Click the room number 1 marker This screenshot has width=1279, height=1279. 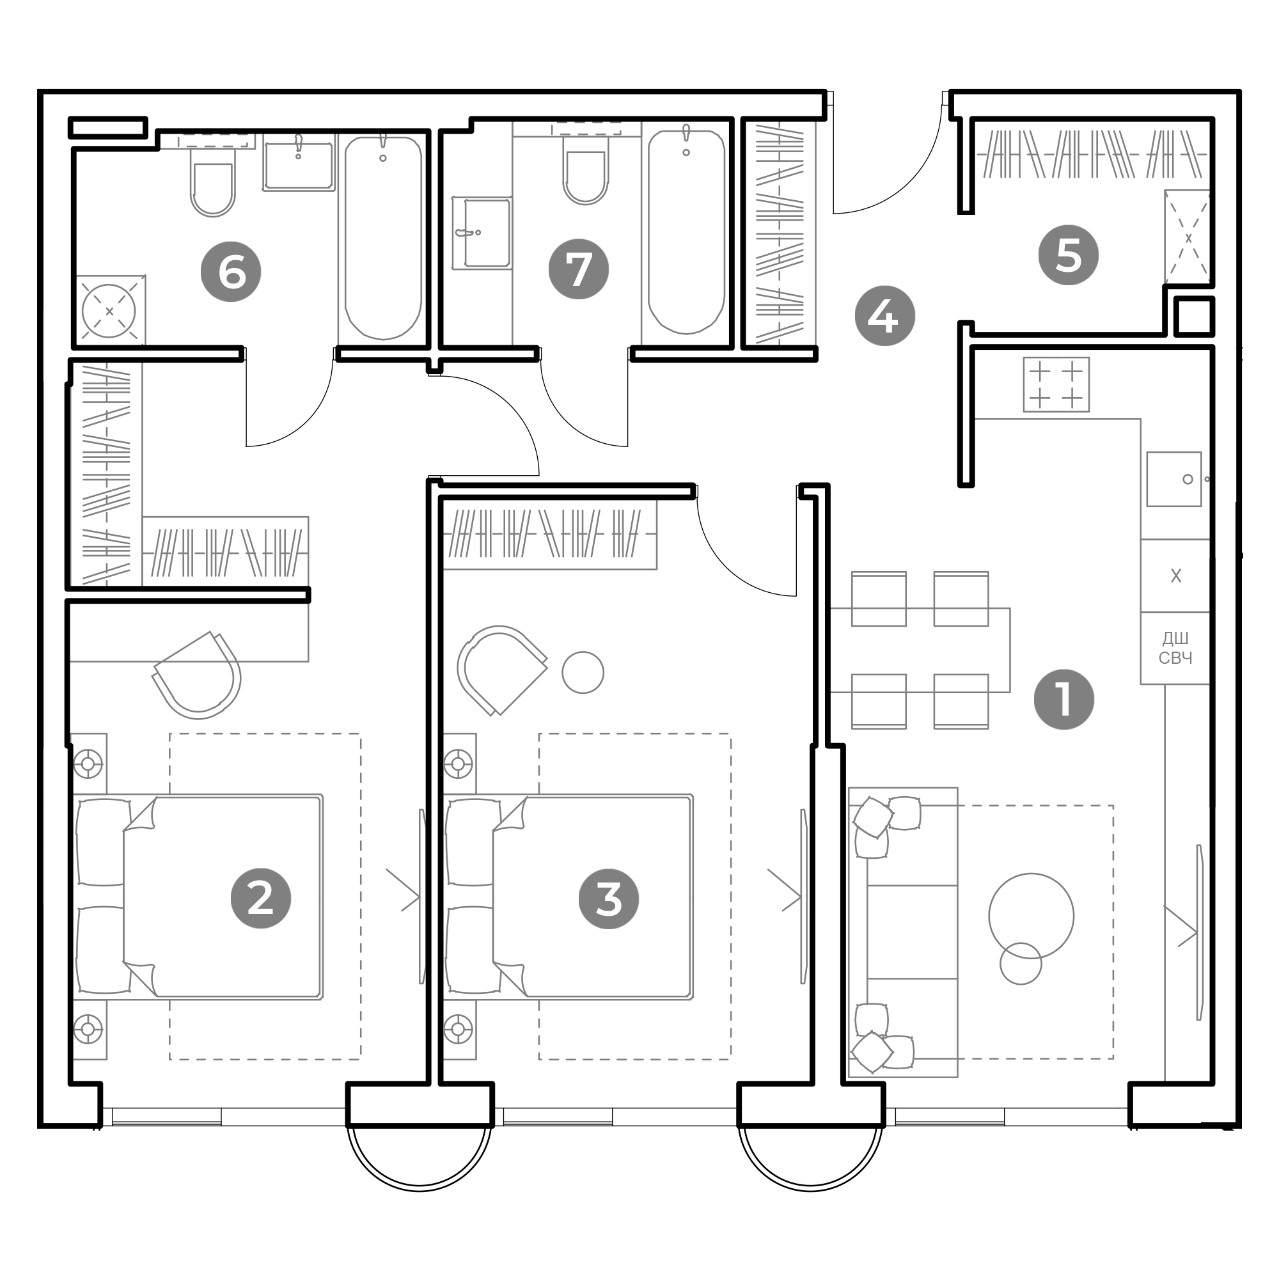coord(1064,700)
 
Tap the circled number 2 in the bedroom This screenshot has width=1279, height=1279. coord(261,898)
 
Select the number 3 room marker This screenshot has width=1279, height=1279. coord(609,899)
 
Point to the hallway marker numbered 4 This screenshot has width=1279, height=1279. coord(885,316)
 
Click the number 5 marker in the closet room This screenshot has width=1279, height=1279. coord(1069,255)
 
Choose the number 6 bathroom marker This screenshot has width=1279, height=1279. coord(231,271)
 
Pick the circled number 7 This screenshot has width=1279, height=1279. coord(579,269)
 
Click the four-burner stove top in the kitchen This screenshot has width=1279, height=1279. coord(1056,384)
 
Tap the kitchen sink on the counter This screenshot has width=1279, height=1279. coord(1173,479)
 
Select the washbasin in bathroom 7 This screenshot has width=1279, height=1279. coord(482,233)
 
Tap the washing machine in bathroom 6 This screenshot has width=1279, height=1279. coord(109,311)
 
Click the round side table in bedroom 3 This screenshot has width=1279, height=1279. coord(583,673)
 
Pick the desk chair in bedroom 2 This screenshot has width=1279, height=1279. coord(197,675)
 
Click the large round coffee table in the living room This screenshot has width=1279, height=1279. coord(1032,916)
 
